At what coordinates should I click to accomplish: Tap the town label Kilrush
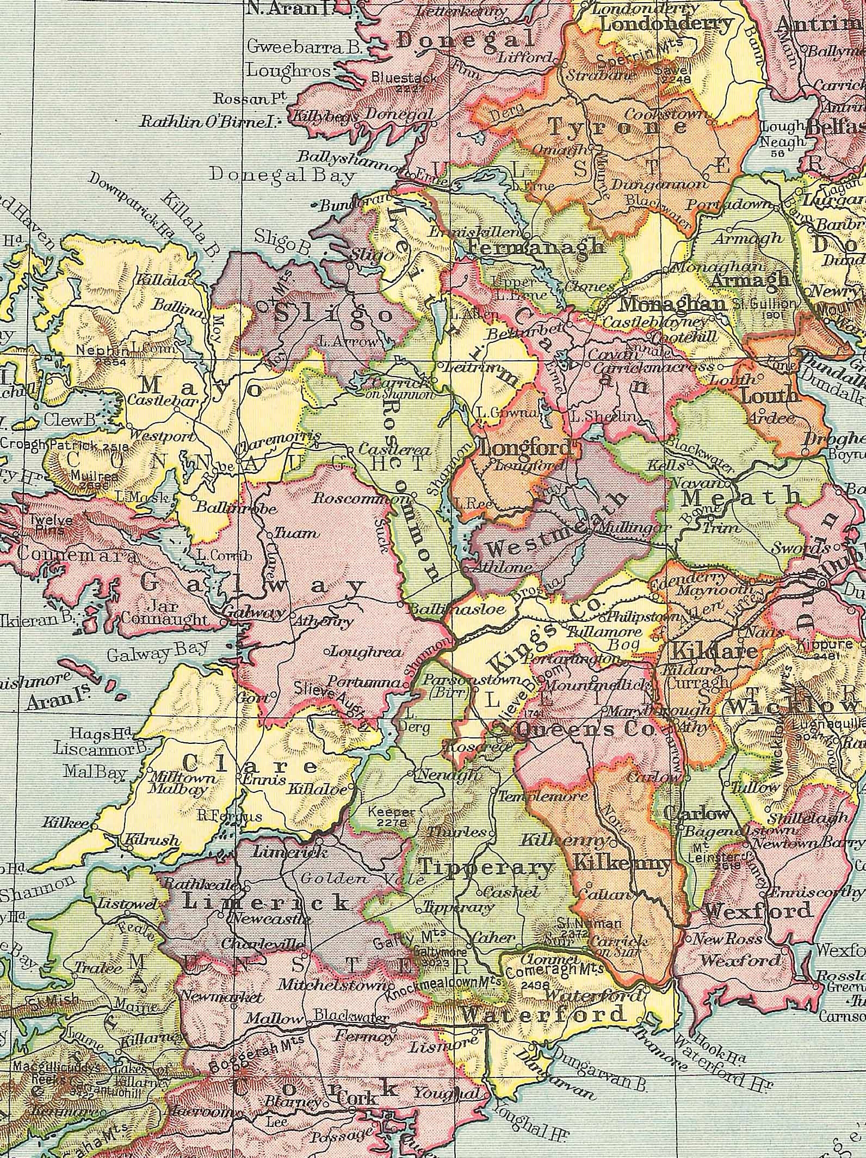[x=152, y=840]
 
